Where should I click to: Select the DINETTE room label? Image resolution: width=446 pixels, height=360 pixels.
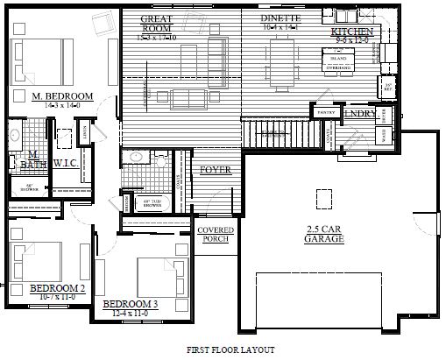(x=280, y=18)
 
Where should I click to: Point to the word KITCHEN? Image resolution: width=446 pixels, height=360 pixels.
(x=353, y=32)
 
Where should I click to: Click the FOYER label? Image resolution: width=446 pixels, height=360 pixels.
(x=216, y=169)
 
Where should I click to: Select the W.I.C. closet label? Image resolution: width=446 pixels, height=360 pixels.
(x=67, y=163)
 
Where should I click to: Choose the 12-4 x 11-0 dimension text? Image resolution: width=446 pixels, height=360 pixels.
(x=130, y=313)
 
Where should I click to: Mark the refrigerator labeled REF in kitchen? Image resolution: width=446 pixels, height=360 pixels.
(x=386, y=87)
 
